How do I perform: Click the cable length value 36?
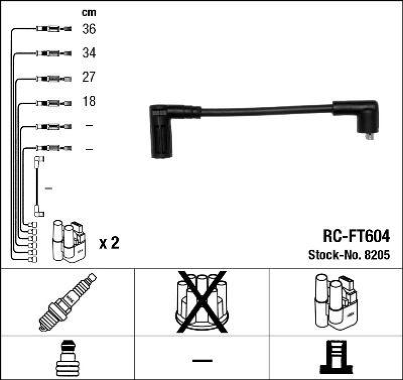pos(89,30)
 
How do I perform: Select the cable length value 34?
pos(89,53)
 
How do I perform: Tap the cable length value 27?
pos(89,78)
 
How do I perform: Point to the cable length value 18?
pos(89,101)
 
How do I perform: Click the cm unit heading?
pos(89,13)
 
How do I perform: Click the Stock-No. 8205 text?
pos(349,256)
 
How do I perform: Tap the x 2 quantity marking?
pos(109,244)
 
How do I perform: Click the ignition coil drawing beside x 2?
pos(70,241)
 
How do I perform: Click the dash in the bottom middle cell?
pos(201,360)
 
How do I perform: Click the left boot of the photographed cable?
pos(164,131)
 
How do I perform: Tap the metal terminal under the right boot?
pos(370,135)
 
